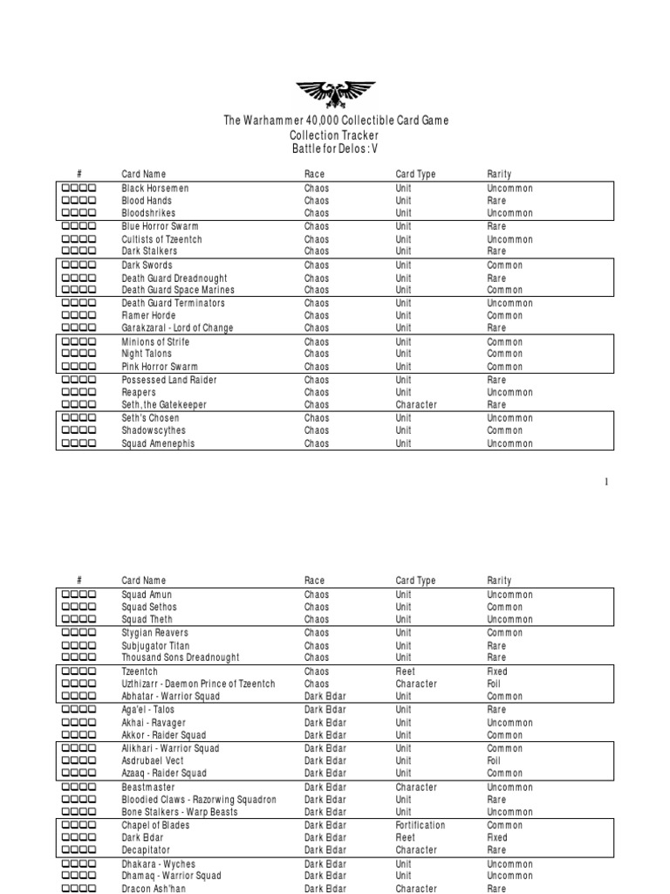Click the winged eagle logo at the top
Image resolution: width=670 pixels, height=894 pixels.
[x=335, y=93]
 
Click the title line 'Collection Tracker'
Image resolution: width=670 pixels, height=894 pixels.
[x=335, y=135]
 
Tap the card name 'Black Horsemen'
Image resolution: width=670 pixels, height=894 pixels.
[x=155, y=189]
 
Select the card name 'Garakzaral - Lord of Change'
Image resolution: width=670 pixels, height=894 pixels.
[x=178, y=328]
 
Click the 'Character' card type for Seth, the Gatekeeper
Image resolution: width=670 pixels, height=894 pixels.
[x=416, y=405]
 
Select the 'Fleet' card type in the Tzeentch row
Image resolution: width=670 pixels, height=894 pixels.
[x=407, y=671]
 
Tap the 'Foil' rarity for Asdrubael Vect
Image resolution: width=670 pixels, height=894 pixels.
[x=496, y=761]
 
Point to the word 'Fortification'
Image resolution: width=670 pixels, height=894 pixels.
[x=420, y=825]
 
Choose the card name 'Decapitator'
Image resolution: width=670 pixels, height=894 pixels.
[x=146, y=850]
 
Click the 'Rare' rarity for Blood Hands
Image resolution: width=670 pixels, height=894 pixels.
[x=497, y=201]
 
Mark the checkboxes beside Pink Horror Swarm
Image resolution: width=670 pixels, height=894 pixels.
[x=79, y=367]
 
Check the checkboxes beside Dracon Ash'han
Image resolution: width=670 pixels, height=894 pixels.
[x=79, y=889]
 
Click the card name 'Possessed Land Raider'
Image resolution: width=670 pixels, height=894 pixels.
[x=169, y=381]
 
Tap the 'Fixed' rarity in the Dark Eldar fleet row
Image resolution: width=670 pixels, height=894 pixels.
[x=497, y=837]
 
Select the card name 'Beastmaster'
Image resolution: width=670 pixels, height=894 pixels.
[x=147, y=787]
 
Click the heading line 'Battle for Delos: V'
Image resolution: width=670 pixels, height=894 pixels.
[x=335, y=148]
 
